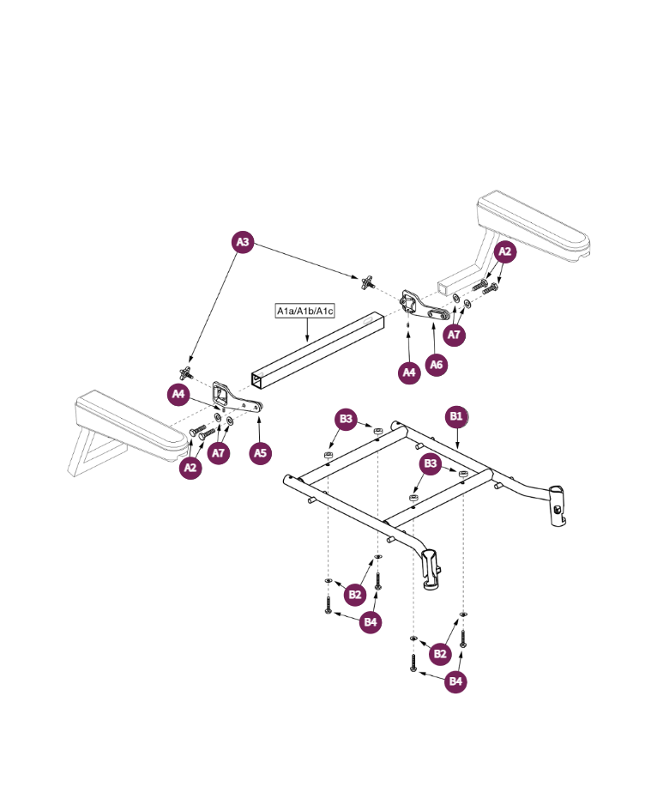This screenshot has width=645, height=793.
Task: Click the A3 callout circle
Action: point(244,242)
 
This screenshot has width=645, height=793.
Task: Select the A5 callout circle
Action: point(262,452)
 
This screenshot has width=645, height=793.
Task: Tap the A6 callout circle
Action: point(437,365)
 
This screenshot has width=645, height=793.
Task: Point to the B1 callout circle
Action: point(455,416)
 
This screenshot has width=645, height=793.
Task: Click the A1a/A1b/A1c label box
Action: point(304,311)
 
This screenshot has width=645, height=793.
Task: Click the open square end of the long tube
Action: point(259,378)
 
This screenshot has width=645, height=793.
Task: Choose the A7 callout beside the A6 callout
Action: point(455,335)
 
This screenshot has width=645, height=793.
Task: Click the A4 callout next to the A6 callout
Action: point(410,372)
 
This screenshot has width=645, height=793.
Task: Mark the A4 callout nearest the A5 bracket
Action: point(178,394)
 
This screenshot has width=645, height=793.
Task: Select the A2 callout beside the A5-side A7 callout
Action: point(191,468)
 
